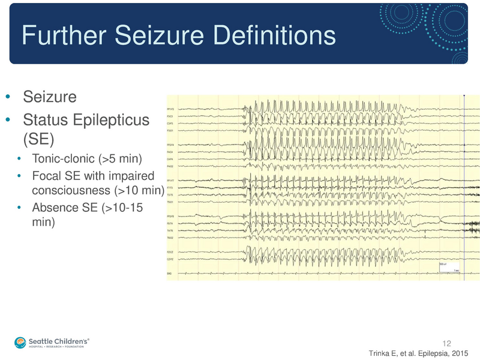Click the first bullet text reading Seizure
coord(50,96)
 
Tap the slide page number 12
coord(446,343)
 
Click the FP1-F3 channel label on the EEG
coord(170,109)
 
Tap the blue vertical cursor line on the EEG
coord(465,180)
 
